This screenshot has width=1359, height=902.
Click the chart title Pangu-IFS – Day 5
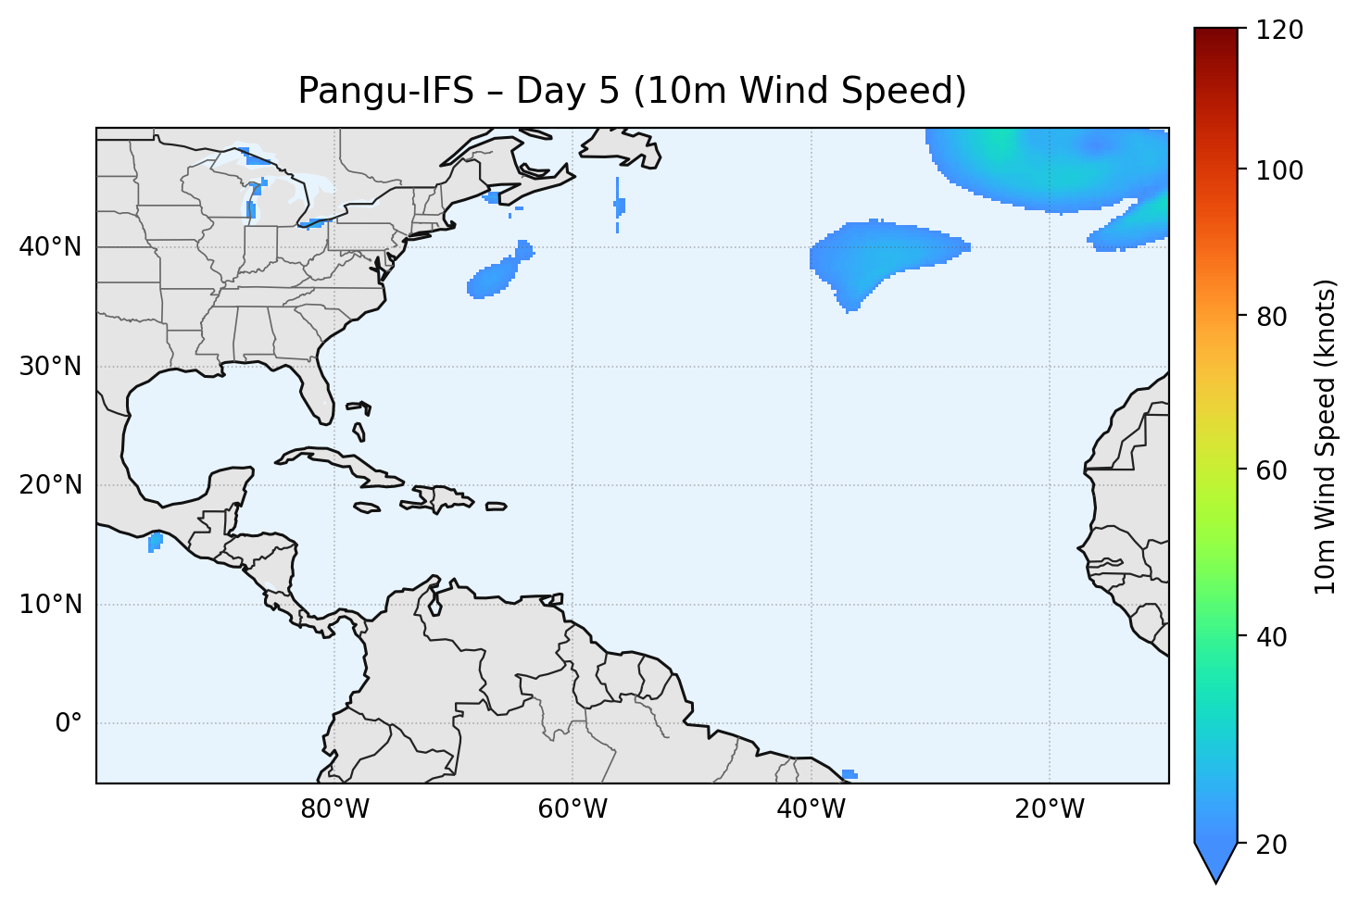pos(632,91)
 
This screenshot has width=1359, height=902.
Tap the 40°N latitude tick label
pos(50,247)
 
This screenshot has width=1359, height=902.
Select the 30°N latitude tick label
pos(50,367)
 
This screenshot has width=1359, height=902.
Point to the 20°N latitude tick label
pos(50,485)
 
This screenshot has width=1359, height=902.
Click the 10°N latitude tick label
pos(50,605)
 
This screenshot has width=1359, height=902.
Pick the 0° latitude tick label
pos(69,723)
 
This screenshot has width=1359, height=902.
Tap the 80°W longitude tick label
pos(334,809)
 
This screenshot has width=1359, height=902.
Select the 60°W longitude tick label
pos(573,809)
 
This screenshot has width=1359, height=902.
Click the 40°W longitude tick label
pos(811,809)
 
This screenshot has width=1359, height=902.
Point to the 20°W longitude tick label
pos(1050,809)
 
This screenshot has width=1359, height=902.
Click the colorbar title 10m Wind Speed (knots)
pos(1326,436)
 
